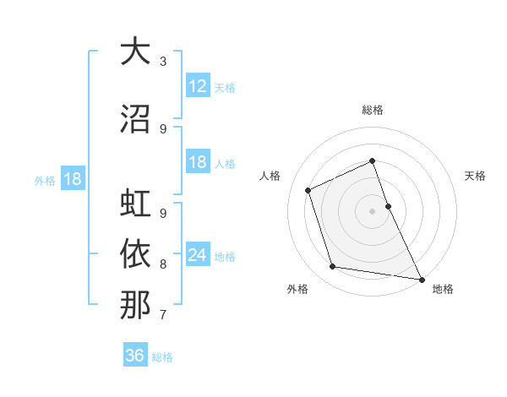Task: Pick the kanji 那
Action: (x=135, y=304)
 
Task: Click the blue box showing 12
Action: (x=198, y=86)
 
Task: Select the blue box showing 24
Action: (x=198, y=255)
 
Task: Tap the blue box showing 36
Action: (x=135, y=356)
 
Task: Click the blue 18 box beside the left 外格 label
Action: (x=73, y=179)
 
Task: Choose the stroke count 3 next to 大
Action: (x=163, y=62)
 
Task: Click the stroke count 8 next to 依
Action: (x=163, y=264)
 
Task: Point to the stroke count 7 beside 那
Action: (x=163, y=315)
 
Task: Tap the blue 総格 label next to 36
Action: (x=162, y=357)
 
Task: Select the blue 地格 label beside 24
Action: (x=225, y=257)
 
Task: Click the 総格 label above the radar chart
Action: (x=373, y=110)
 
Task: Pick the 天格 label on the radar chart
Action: (x=475, y=176)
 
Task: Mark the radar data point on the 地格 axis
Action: (x=421, y=279)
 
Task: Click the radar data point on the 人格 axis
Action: (x=308, y=190)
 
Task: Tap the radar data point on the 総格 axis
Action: (x=373, y=161)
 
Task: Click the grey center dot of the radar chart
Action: (x=373, y=211)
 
